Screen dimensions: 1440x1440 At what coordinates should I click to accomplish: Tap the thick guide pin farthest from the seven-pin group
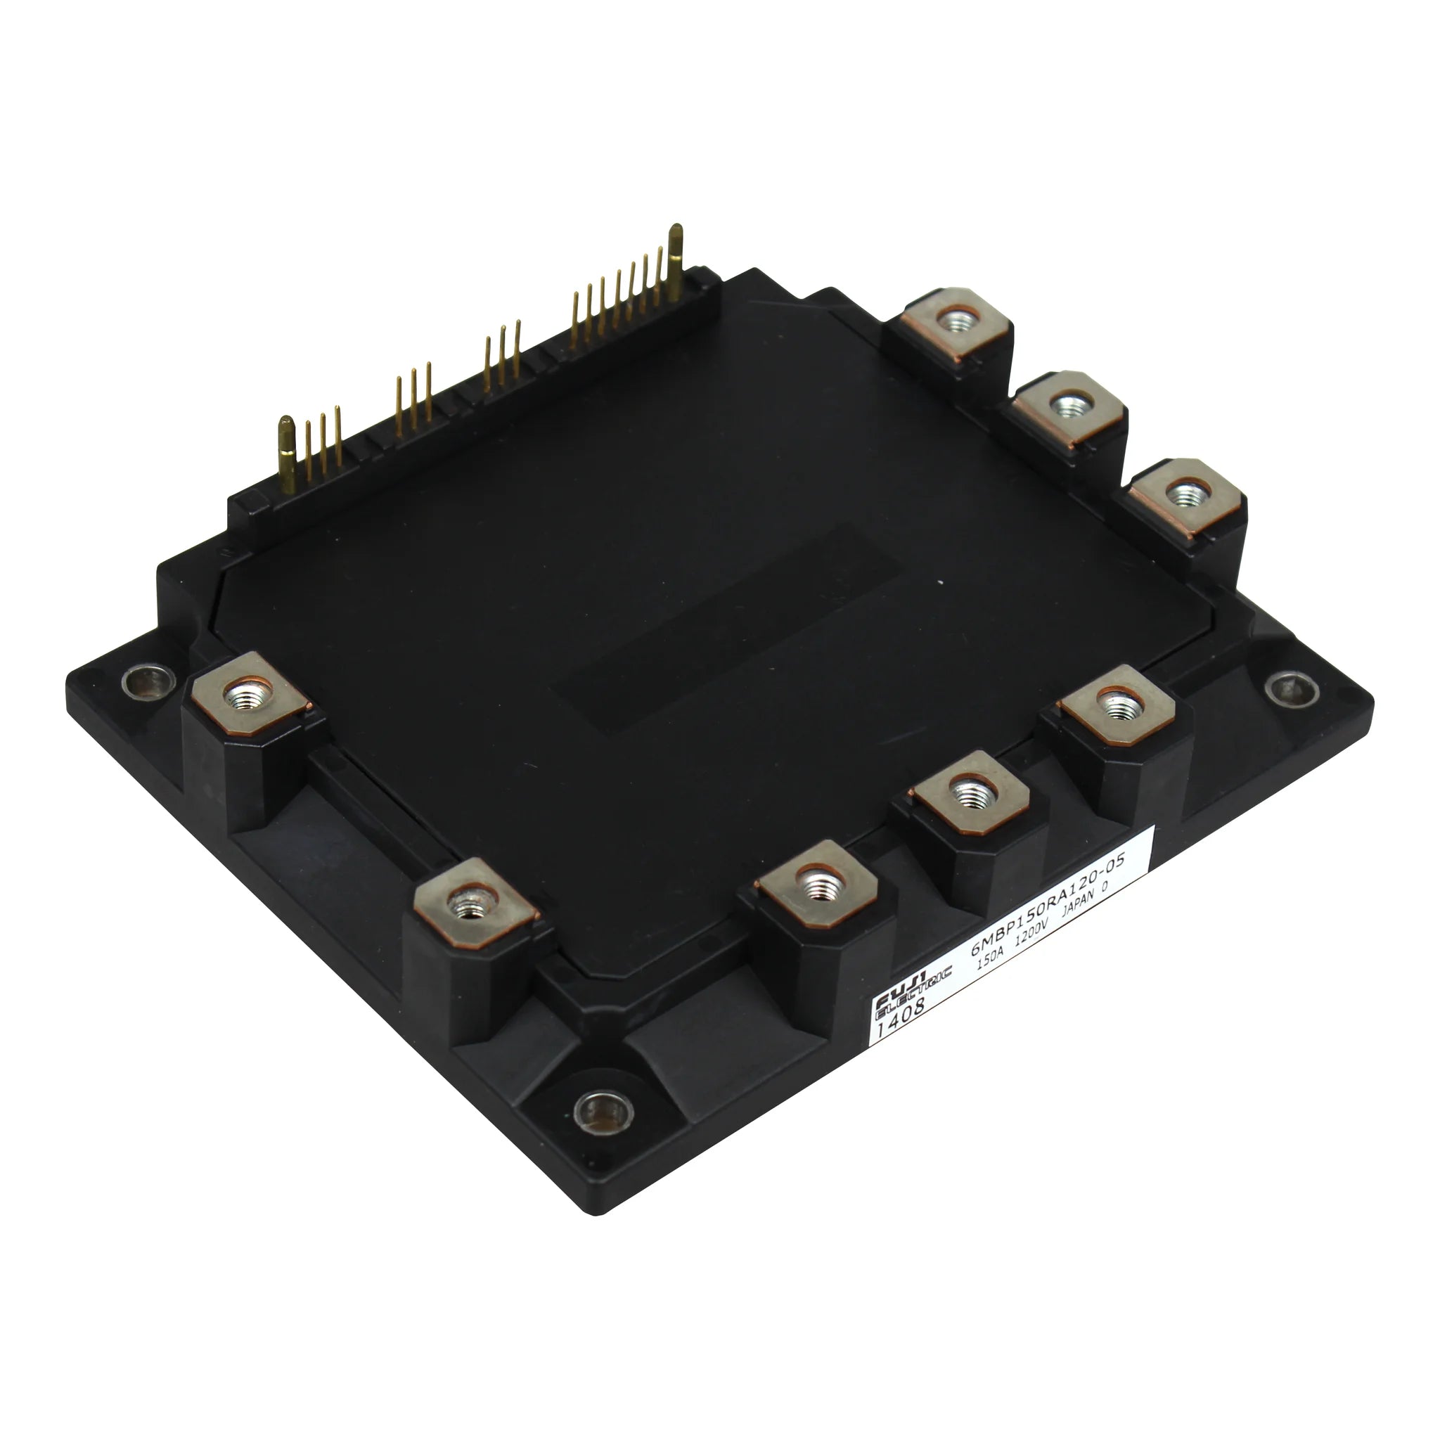[x=285, y=455]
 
